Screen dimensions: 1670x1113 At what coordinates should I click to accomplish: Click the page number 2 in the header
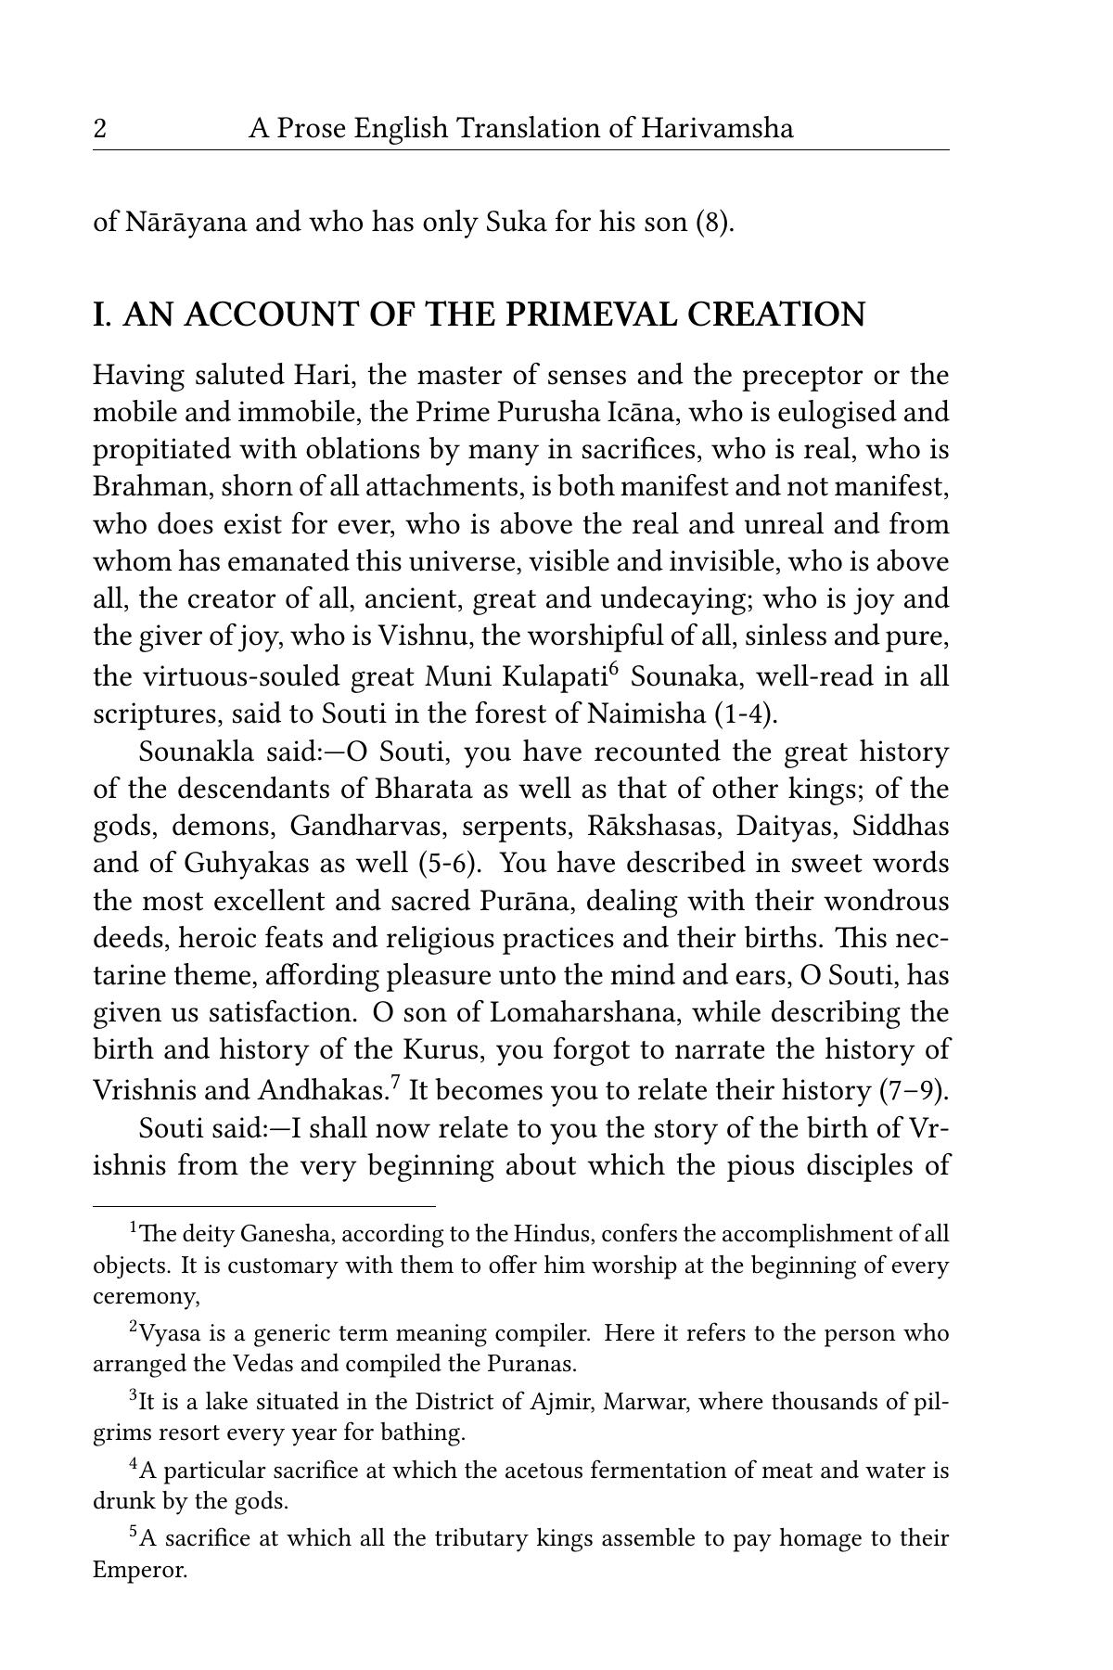(99, 128)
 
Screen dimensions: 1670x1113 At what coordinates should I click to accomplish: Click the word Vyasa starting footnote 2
(167, 1334)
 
